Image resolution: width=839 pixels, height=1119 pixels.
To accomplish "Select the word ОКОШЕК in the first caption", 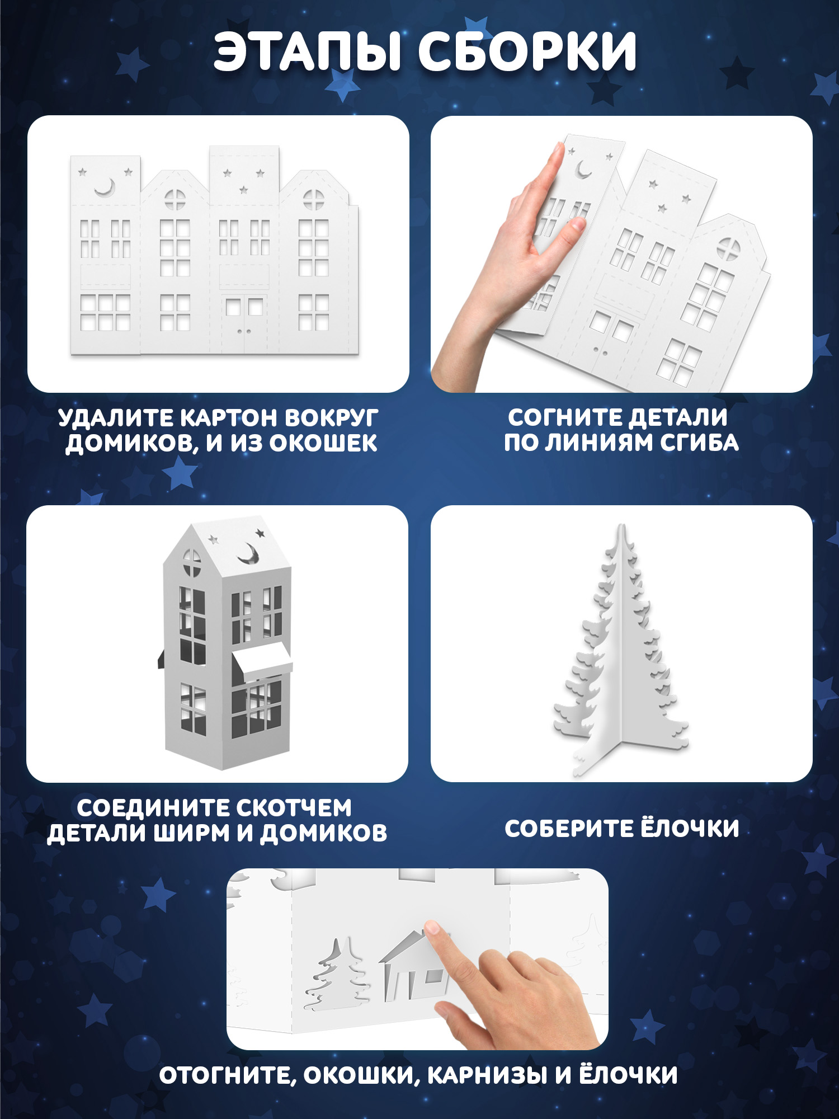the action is point(323,443).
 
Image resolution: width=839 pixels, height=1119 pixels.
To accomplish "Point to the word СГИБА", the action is point(699,443).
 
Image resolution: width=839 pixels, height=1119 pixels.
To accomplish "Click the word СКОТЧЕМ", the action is point(294,808).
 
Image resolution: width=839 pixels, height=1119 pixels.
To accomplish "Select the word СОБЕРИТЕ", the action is point(568,829).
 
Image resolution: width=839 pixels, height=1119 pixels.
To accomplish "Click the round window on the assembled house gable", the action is point(192,562).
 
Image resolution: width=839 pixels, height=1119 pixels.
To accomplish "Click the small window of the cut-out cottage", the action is point(433,976).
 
